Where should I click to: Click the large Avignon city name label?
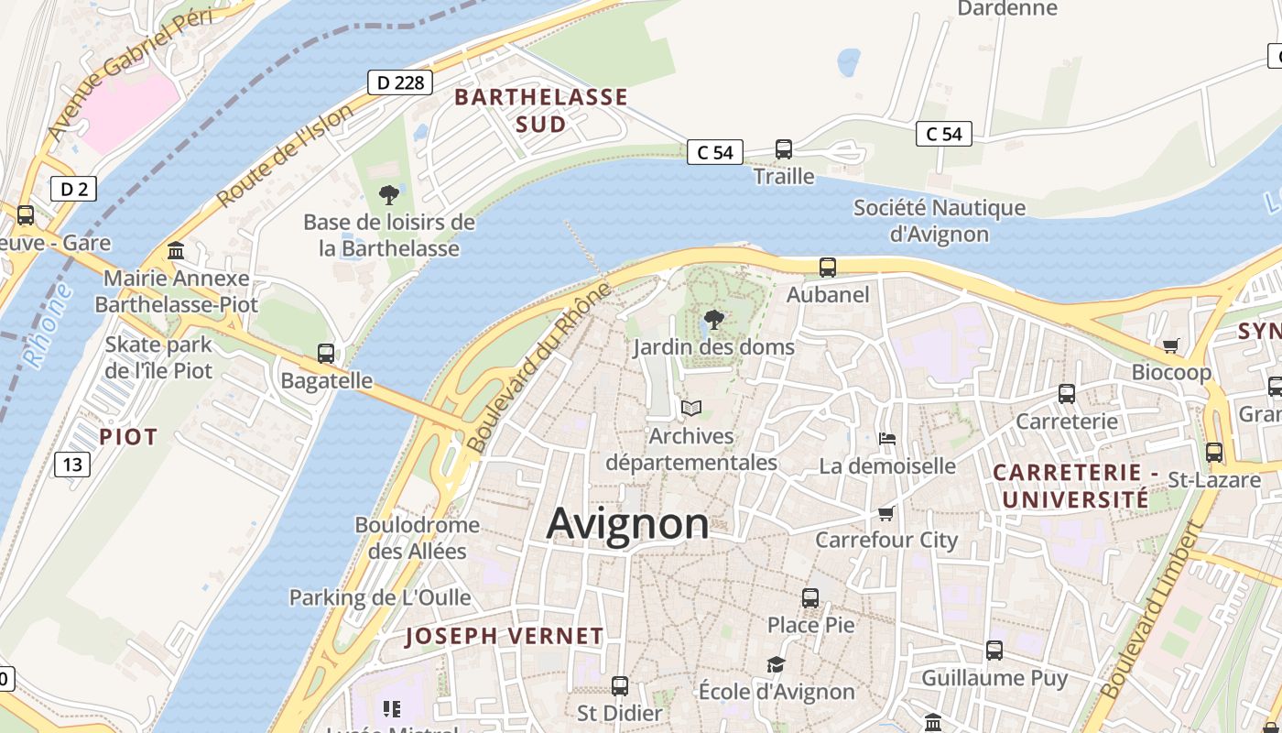(627, 524)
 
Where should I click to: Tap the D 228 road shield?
(400, 82)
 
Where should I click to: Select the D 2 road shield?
(73, 190)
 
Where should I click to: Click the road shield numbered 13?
(72, 465)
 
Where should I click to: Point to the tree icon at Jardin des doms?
(714, 320)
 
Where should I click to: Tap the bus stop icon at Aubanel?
(828, 268)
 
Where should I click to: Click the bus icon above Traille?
(784, 149)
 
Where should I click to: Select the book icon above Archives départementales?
(691, 408)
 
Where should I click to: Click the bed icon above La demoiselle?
(886, 438)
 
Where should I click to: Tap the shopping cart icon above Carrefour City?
(885, 513)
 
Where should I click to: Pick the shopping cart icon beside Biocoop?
(1170, 345)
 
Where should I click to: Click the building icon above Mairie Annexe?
(176, 250)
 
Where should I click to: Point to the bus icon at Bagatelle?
(325, 353)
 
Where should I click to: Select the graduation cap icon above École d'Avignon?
(776, 664)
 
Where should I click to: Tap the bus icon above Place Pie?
(810, 598)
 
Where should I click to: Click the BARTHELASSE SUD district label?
(541, 110)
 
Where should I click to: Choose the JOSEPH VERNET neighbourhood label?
(505, 636)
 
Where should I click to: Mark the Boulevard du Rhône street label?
(538, 367)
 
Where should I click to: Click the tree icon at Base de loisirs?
(389, 194)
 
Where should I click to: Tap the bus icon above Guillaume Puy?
(994, 651)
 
